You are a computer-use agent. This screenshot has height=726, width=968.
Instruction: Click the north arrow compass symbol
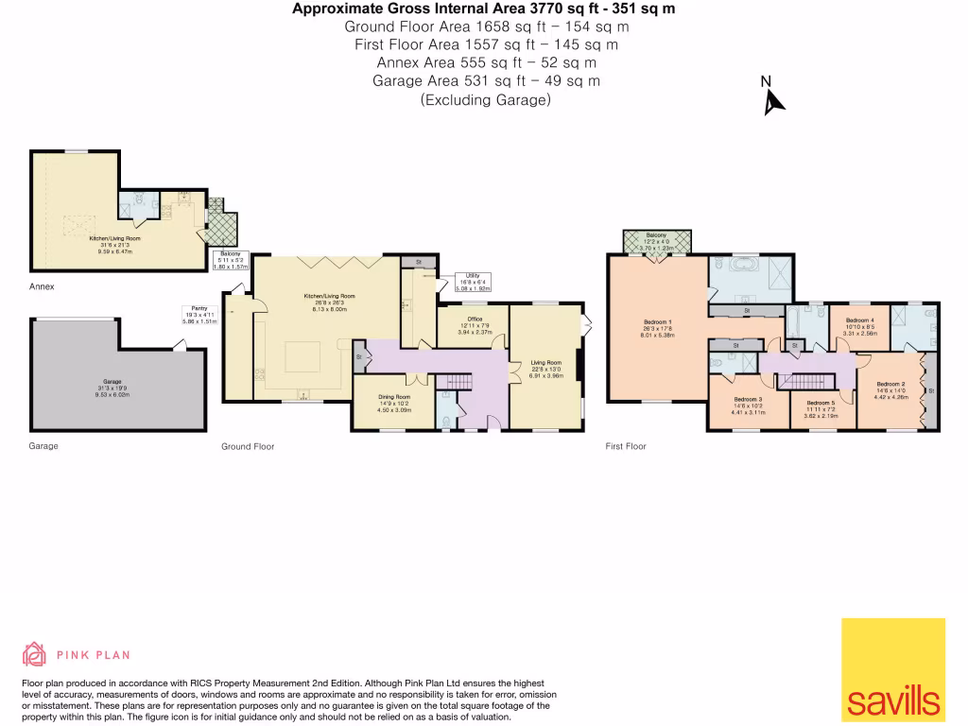[774, 97]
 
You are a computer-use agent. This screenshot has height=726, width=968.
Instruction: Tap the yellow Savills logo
[892, 670]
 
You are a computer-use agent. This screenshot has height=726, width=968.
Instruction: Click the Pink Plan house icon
[34, 654]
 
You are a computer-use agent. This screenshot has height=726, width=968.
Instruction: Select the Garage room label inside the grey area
[112, 388]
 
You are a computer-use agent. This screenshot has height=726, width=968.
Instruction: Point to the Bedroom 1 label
[656, 327]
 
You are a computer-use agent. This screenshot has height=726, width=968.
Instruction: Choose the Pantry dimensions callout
[199, 315]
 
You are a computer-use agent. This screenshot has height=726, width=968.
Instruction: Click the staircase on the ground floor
[456, 380]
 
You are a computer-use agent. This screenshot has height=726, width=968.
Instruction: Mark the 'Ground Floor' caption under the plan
[248, 446]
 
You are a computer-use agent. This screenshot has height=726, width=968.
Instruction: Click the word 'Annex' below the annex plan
[42, 285]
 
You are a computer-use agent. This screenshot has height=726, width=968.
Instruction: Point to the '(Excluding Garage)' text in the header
[485, 99]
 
